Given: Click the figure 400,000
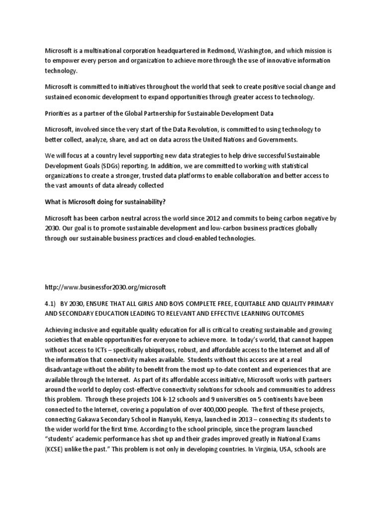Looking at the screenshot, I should tap(216, 397).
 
